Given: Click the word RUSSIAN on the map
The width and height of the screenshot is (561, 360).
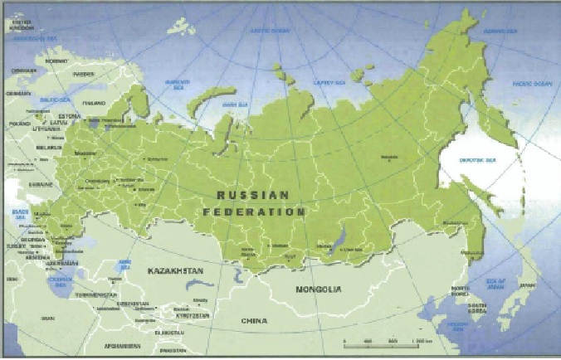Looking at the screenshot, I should pyautogui.click(x=252, y=196).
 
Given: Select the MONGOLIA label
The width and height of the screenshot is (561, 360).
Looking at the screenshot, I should pyautogui.click(x=318, y=289).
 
